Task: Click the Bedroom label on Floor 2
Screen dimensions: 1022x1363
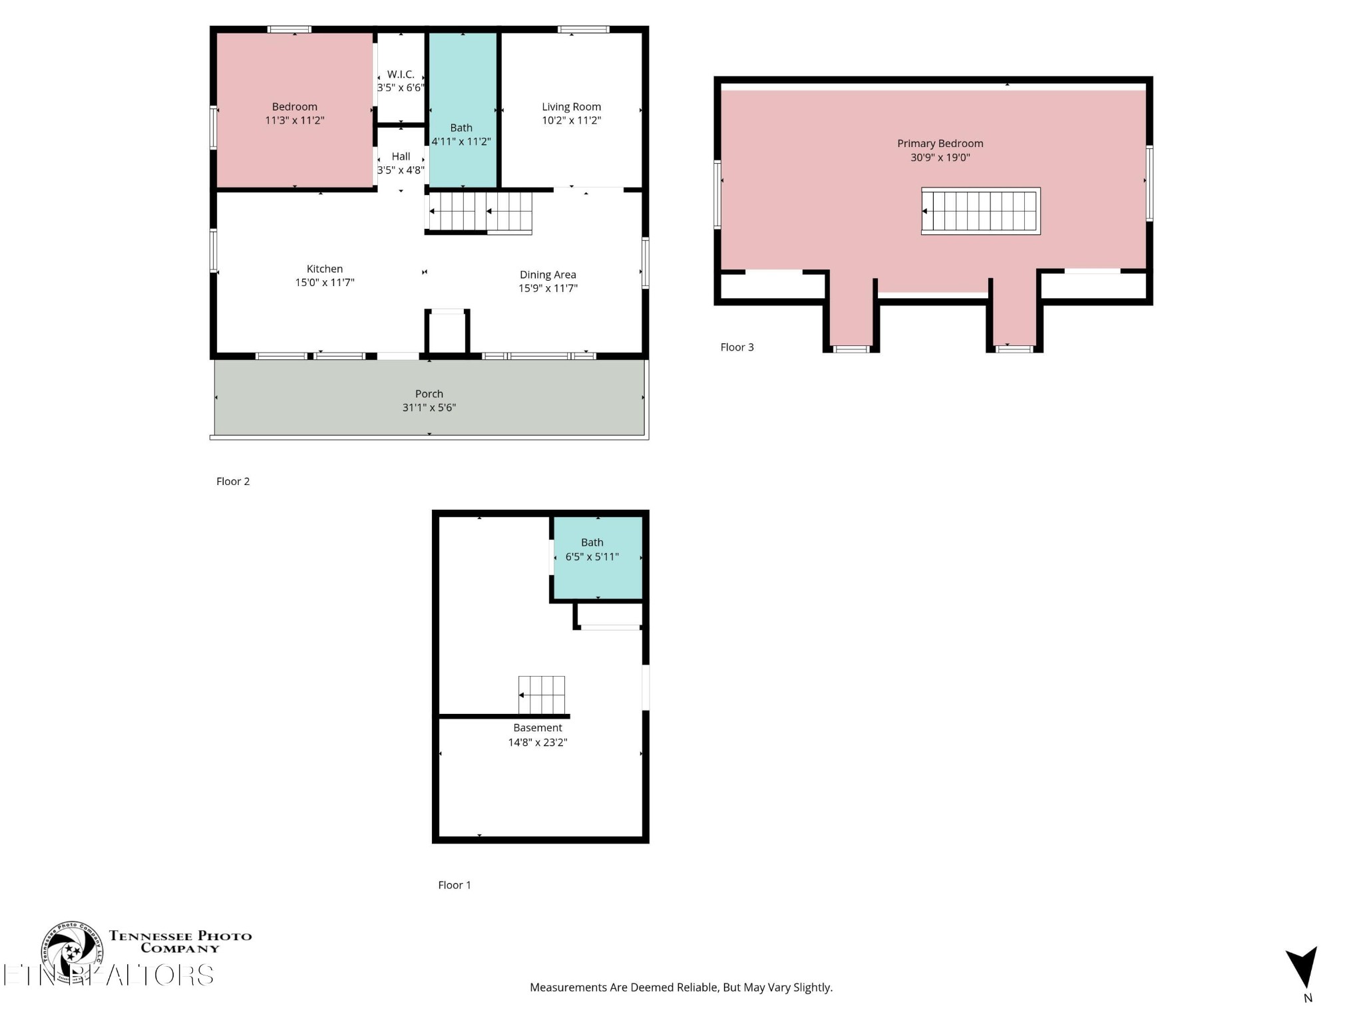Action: [x=294, y=106]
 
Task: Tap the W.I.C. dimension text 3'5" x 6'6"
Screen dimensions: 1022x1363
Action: [x=401, y=88]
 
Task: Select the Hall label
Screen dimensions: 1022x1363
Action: [x=401, y=156]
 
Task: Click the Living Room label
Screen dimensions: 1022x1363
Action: [x=571, y=106]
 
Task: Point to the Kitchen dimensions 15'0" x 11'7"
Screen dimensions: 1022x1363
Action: [x=325, y=283]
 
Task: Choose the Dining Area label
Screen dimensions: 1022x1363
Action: [x=548, y=275]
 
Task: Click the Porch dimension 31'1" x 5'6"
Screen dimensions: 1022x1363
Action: [x=429, y=408]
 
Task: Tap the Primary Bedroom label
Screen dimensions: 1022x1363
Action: [x=940, y=144]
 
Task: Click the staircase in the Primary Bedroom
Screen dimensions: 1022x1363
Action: [x=980, y=211]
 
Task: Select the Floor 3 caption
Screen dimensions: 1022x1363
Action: [x=737, y=347]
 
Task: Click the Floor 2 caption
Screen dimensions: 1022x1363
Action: [x=233, y=482]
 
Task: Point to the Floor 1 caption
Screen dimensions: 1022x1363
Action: [x=455, y=885]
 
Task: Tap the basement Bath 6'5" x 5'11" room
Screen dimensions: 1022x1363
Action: [x=597, y=572]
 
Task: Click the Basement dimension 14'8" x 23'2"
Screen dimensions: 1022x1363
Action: [x=537, y=743]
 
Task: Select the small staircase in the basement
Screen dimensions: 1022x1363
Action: [x=542, y=695]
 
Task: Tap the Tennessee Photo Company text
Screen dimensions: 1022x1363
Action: [x=180, y=941]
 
